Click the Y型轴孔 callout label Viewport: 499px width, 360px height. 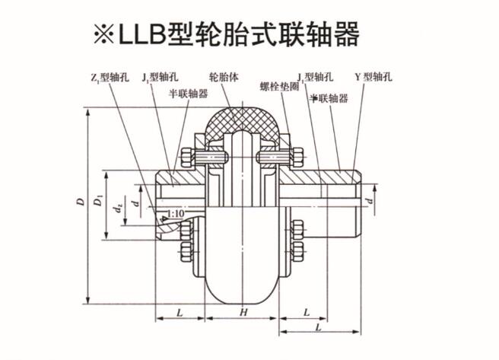[375, 78]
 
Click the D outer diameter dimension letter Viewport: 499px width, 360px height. [80, 203]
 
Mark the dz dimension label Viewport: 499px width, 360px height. [116, 206]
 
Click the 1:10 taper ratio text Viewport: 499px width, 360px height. [173, 215]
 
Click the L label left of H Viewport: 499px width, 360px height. [179, 313]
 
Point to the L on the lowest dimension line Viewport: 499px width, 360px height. [315, 327]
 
